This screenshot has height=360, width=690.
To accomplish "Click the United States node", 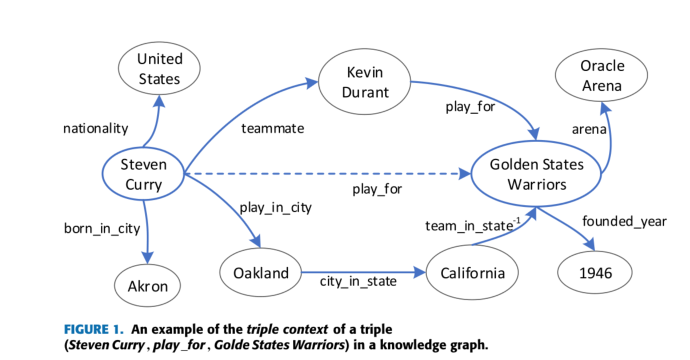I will click(x=159, y=69).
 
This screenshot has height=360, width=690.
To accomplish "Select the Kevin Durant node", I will click(x=364, y=83).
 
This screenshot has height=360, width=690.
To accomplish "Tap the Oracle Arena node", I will click(x=602, y=75).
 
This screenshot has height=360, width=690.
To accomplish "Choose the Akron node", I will click(x=147, y=287).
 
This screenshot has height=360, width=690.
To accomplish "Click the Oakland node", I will click(x=260, y=273).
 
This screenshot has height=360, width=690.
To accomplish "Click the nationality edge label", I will click(x=95, y=128).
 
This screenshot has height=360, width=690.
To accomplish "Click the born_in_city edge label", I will click(x=101, y=228).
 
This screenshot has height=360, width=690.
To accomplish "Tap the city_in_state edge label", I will click(x=358, y=283).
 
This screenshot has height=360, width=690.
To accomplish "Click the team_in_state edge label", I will click(x=468, y=227).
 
